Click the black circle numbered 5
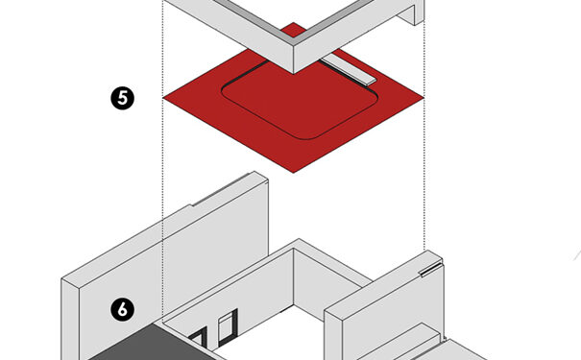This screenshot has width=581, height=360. pyautogui.click(x=122, y=98)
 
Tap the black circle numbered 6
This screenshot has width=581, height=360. pyautogui.click(x=122, y=310)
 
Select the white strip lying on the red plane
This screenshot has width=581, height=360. pyautogui.click(x=349, y=70)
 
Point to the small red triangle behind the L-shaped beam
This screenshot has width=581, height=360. pyautogui.click(x=294, y=30)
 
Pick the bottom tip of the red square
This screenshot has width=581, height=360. pyautogui.click(x=294, y=173)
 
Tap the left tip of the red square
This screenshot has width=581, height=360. pyautogui.click(x=163, y=98)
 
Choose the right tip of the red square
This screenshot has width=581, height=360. pyautogui.click(x=424, y=98)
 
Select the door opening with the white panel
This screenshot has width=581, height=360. pyautogui.click(x=227, y=327)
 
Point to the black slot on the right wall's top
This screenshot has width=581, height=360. pyautogui.click(x=430, y=269)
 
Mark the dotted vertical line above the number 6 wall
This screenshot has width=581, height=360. pyautogui.click(x=163, y=159)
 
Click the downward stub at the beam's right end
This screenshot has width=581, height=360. pyautogui.click(x=411, y=14)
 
